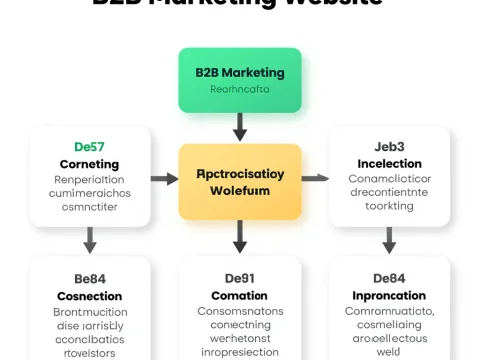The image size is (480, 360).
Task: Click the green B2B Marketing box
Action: pos(240,80)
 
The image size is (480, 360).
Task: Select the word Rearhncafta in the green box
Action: pos(240,89)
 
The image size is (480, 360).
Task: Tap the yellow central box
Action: pos(240,181)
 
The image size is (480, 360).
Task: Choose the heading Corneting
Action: pos(89,164)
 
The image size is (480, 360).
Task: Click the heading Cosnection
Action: pos(89,296)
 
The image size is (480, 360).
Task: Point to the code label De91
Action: pos(240,279)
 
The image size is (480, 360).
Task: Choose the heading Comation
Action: pos(240,296)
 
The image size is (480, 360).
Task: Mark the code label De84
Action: pos(388,279)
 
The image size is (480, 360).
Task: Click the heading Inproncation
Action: pos(388,296)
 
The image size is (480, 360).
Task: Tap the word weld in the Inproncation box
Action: pos(388,352)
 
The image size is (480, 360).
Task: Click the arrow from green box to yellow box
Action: pos(240,127)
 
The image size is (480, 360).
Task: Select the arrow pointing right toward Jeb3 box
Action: pos(315,178)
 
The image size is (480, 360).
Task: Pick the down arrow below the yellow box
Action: pos(240,237)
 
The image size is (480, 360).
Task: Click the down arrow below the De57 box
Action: pos(90,239)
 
